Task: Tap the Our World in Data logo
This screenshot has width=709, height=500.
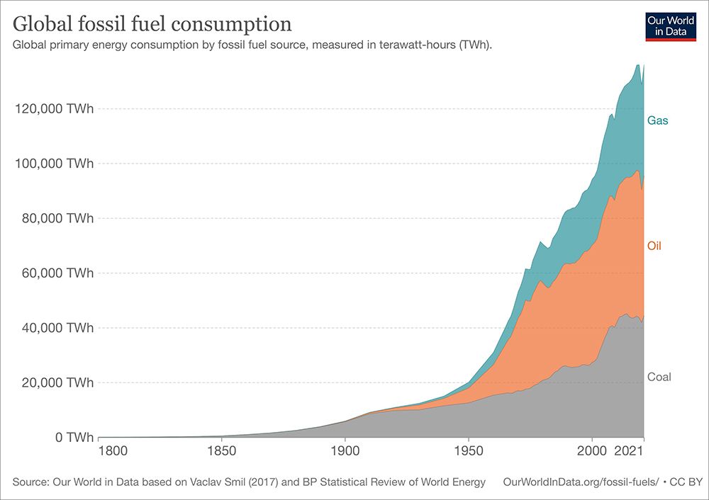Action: click(x=671, y=26)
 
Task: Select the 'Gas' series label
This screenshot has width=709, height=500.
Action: click(x=657, y=120)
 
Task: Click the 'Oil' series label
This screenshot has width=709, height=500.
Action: click(x=654, y=246)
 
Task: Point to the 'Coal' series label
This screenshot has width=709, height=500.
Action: click(x=659, y=377)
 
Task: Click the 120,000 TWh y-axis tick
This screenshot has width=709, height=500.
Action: click(x=54, y=109)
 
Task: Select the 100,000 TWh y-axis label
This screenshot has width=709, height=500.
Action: click(x=54, y=164)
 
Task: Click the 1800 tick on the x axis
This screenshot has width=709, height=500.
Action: click(x=99, y=451)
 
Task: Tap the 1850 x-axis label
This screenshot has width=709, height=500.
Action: click(x=222, y=451)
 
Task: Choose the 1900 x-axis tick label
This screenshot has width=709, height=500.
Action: click(x=345, y=451)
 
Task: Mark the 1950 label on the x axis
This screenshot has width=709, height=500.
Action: click(x=467, y=451)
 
